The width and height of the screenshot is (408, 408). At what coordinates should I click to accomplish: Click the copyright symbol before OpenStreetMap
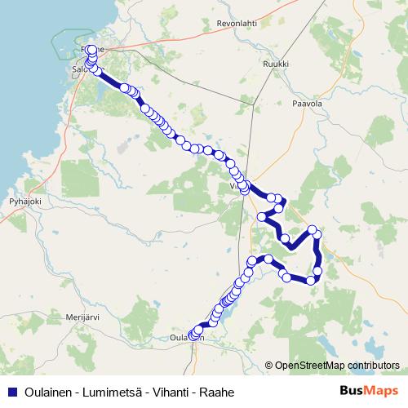(x=269, y=366)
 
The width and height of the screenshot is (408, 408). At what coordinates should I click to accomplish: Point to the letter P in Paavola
(x=295, y=104)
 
